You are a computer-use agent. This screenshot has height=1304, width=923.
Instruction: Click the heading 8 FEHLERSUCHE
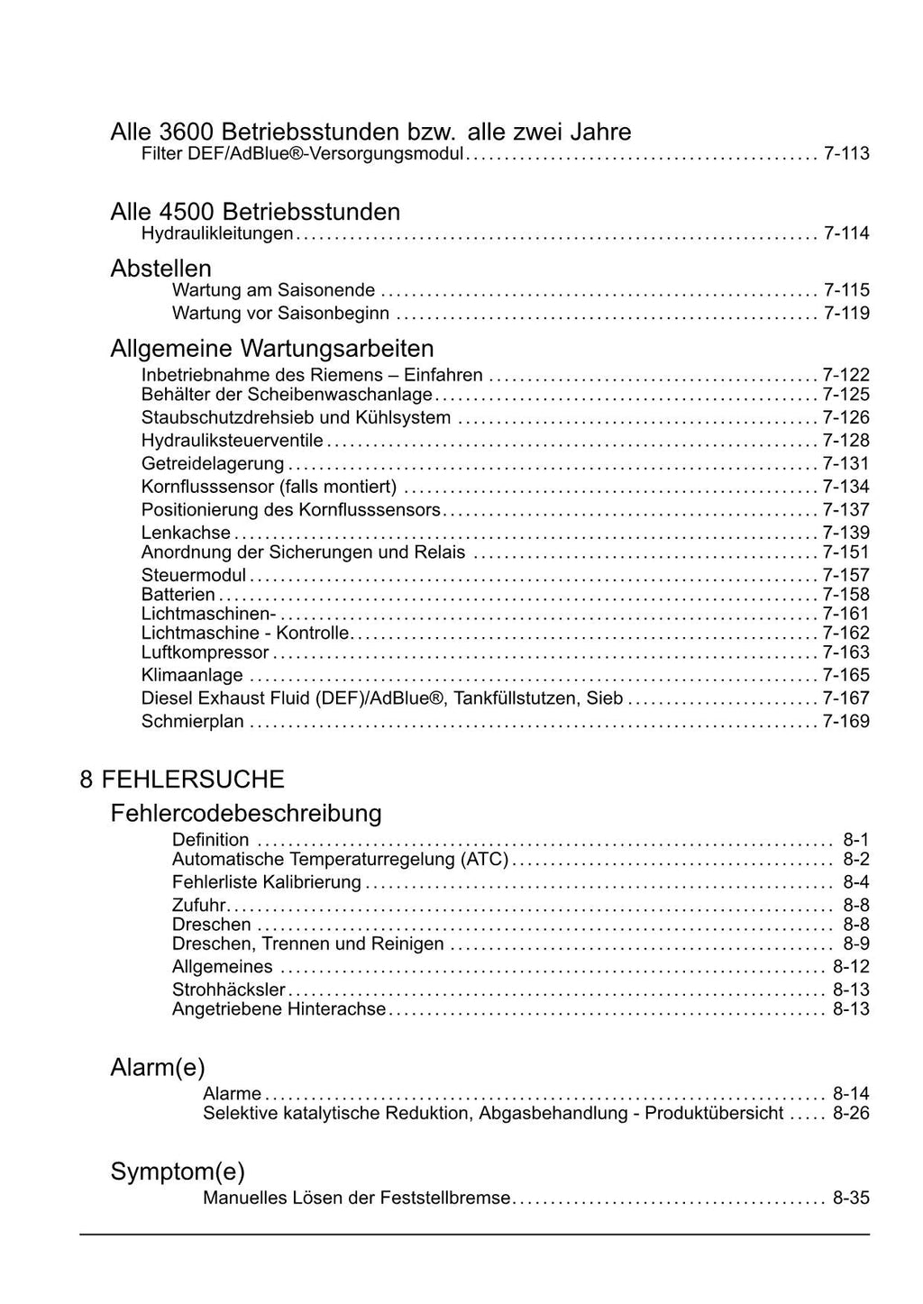[182, 779]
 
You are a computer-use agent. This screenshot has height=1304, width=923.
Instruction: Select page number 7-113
[846, 154]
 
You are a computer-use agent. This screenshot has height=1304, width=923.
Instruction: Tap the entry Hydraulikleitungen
[217, 234]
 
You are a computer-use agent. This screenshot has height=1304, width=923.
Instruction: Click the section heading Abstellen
[160, 269]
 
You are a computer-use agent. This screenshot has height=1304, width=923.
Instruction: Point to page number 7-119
[846, 314]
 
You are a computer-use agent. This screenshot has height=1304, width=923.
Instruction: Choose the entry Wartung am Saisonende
[273, 290]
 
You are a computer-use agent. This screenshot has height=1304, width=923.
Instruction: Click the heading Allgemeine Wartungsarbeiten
[271, 348]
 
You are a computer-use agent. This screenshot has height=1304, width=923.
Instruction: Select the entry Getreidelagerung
[213, 464]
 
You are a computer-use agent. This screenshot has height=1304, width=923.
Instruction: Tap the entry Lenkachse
[186, 533]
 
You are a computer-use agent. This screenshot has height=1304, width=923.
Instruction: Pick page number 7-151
[846, 552]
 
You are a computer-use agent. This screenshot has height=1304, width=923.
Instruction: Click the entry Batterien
[178, 595]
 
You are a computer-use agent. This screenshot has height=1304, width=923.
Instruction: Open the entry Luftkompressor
[206, 652]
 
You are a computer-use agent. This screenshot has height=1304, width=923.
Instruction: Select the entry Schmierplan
[193, 722]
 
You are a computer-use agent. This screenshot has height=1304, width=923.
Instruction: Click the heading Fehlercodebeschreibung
[245, 813]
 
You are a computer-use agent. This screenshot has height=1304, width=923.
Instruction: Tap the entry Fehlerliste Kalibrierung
[267, 882]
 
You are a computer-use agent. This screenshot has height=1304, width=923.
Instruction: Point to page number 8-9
[855, 944]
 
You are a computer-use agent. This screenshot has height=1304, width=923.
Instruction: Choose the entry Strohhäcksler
[229, 990]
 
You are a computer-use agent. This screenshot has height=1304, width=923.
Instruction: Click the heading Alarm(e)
[158, 1068]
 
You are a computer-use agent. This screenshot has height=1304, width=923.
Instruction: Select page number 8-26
[851, 1114]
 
